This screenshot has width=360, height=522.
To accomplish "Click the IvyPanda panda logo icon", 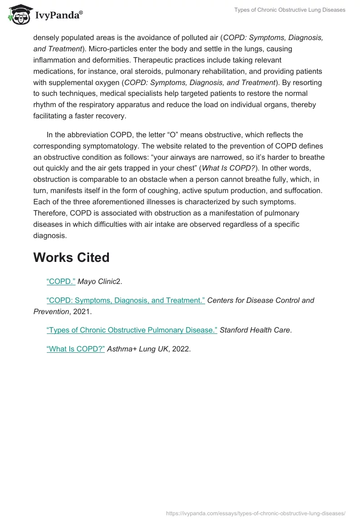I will tap(19, 15).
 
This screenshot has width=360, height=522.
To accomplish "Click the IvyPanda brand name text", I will tap(58, 16).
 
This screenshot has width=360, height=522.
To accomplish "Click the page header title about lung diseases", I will tap(290, 10).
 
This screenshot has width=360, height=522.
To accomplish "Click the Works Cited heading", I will tap(72, 257).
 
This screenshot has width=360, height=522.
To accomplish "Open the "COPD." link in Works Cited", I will tap(61, 282).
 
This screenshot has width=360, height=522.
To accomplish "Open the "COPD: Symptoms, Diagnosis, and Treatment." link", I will tap(126, 300).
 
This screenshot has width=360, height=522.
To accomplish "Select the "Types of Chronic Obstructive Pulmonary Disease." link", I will tap(132, 330).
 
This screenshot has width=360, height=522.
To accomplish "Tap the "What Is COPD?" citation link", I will tap(76, 348).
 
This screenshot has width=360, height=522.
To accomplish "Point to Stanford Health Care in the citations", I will tap(255, 330).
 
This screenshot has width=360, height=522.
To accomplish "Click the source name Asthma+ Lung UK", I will tap(137, 348).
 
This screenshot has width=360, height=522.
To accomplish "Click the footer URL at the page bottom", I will tap(256, 513).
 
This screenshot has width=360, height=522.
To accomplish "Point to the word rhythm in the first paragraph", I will tap(44, 105).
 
